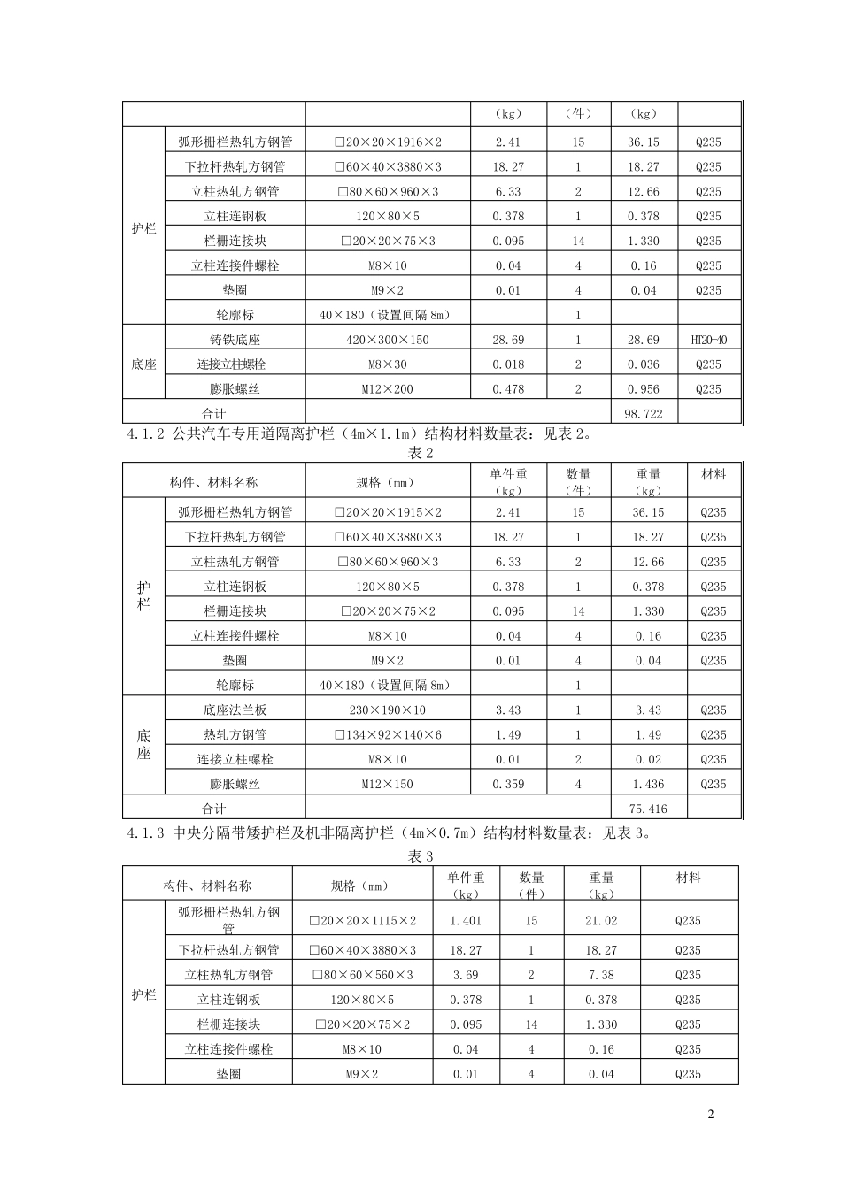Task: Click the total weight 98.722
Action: coord(644,413)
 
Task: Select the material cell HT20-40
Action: coord(708,340)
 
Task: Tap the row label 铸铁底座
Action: coord(235,340)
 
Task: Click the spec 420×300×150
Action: coord(388,340)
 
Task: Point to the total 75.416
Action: coord(649,808)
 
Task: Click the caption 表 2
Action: coord(420,454)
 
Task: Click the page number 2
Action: coord(710,1114)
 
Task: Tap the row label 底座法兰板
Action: coord(235,710)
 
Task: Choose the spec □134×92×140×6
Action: coord(388,734)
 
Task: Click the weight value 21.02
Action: coord(601,921)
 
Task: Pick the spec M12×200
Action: coord(388,389)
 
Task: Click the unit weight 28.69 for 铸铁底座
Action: coord(508,340)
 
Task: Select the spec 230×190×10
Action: coord(388,710)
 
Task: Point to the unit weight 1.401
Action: coord(466,921)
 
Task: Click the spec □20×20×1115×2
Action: coord(362,921)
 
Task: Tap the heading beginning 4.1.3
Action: coord(390,832)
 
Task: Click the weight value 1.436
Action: coord(649,784)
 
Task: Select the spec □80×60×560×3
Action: coord(362,975)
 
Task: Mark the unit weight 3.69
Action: coord(466,975)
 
